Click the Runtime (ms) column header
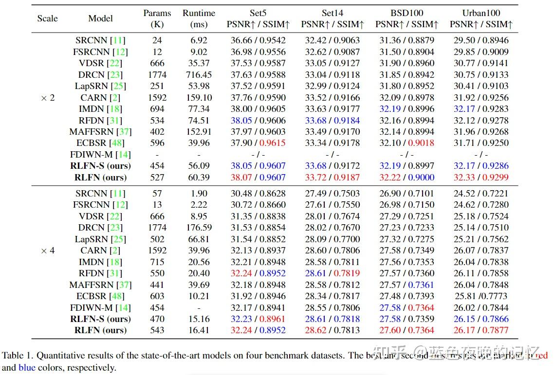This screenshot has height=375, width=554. point(199,18)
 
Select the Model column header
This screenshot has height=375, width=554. point(101,18)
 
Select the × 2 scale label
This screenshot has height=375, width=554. point(48,98)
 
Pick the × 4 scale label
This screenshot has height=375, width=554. point(48,250)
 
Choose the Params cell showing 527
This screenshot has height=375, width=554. point(157,178)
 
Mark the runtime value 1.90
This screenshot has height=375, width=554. point(199,194)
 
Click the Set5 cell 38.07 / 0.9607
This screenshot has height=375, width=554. point(258,178)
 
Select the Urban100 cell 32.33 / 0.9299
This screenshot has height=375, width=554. point(481,178)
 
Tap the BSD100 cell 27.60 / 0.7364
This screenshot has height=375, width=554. point(406,330)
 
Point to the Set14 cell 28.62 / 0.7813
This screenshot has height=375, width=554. point(332,330)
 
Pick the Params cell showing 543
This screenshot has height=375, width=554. point(157,330)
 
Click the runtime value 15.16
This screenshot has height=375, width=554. point(199,319)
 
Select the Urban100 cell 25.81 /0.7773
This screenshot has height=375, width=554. point(481,296)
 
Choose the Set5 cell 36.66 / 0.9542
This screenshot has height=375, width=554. point(258,40)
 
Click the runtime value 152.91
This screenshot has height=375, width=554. point(199,132)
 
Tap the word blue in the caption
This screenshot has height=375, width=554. point(27,368)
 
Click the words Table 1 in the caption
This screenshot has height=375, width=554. point(17,356)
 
